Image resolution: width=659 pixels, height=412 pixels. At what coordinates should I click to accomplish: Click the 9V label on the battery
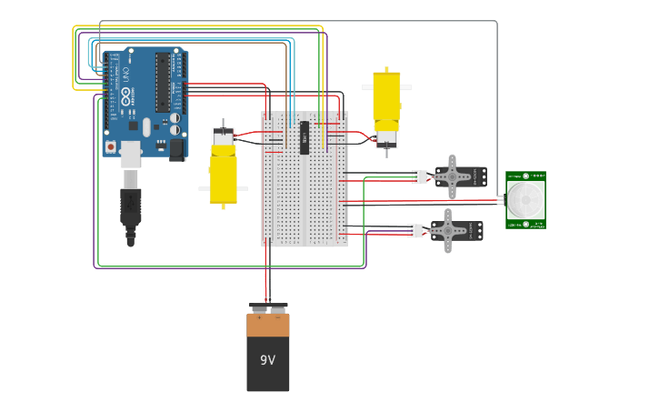pos(267,360)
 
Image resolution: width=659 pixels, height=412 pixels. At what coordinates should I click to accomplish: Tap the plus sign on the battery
pos(258,317)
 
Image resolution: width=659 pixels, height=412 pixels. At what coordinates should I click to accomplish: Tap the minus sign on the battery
pos(277,317)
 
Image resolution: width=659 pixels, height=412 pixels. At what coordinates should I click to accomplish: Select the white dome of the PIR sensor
pos(524,199)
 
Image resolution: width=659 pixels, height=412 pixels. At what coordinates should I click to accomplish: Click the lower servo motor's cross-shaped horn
pos(447,230)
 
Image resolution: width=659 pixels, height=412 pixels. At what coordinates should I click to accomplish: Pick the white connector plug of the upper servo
pos(420,176)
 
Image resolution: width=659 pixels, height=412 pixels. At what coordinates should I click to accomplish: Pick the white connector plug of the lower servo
pos(414,231)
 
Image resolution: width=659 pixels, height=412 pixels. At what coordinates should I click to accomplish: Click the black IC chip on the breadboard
pos(305,137)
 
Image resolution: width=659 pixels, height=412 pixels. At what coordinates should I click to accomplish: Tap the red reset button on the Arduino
pos(111,146)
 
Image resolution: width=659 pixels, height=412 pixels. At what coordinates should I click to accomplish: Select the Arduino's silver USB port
pos(131,155)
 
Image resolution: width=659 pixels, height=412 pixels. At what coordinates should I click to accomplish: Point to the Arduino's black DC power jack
pos(177,149)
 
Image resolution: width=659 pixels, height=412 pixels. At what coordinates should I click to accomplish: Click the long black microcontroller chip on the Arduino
pos(163,83)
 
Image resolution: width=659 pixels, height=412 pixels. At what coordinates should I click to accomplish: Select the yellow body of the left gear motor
pos(224,177)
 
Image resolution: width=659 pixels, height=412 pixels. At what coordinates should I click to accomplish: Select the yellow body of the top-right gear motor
pos(386,98)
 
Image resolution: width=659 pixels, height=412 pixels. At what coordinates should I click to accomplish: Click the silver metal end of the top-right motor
pos(386,138)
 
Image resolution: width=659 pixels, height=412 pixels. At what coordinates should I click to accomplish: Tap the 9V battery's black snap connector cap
pos(268,307)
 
